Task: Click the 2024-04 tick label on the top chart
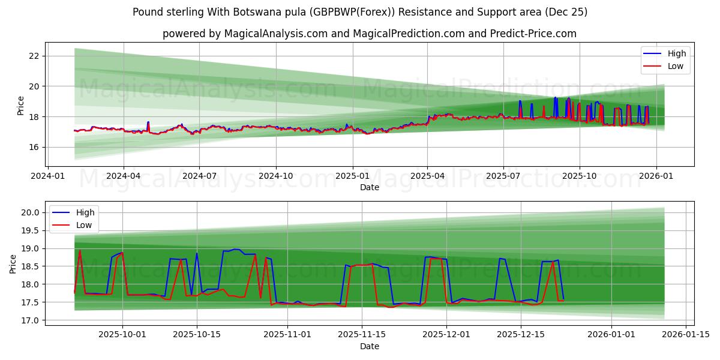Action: [124, 176]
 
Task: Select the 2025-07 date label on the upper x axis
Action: [503, 176]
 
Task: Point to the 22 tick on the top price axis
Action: [34, 56]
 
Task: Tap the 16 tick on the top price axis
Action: [34, 147]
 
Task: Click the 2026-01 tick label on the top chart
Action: [656, 176]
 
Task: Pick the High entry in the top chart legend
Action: [677, 53]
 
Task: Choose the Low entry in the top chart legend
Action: [676, 66]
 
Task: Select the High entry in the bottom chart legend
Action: [85, 212]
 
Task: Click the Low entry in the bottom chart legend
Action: [84, 225]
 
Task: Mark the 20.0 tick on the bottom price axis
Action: [31, 212]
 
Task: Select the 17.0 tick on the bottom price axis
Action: [31, 320]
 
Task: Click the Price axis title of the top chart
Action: [21, 106]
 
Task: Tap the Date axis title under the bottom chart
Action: [370, 346]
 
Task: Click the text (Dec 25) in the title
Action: [565, 12]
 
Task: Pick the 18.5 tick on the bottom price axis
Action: [31, 266]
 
